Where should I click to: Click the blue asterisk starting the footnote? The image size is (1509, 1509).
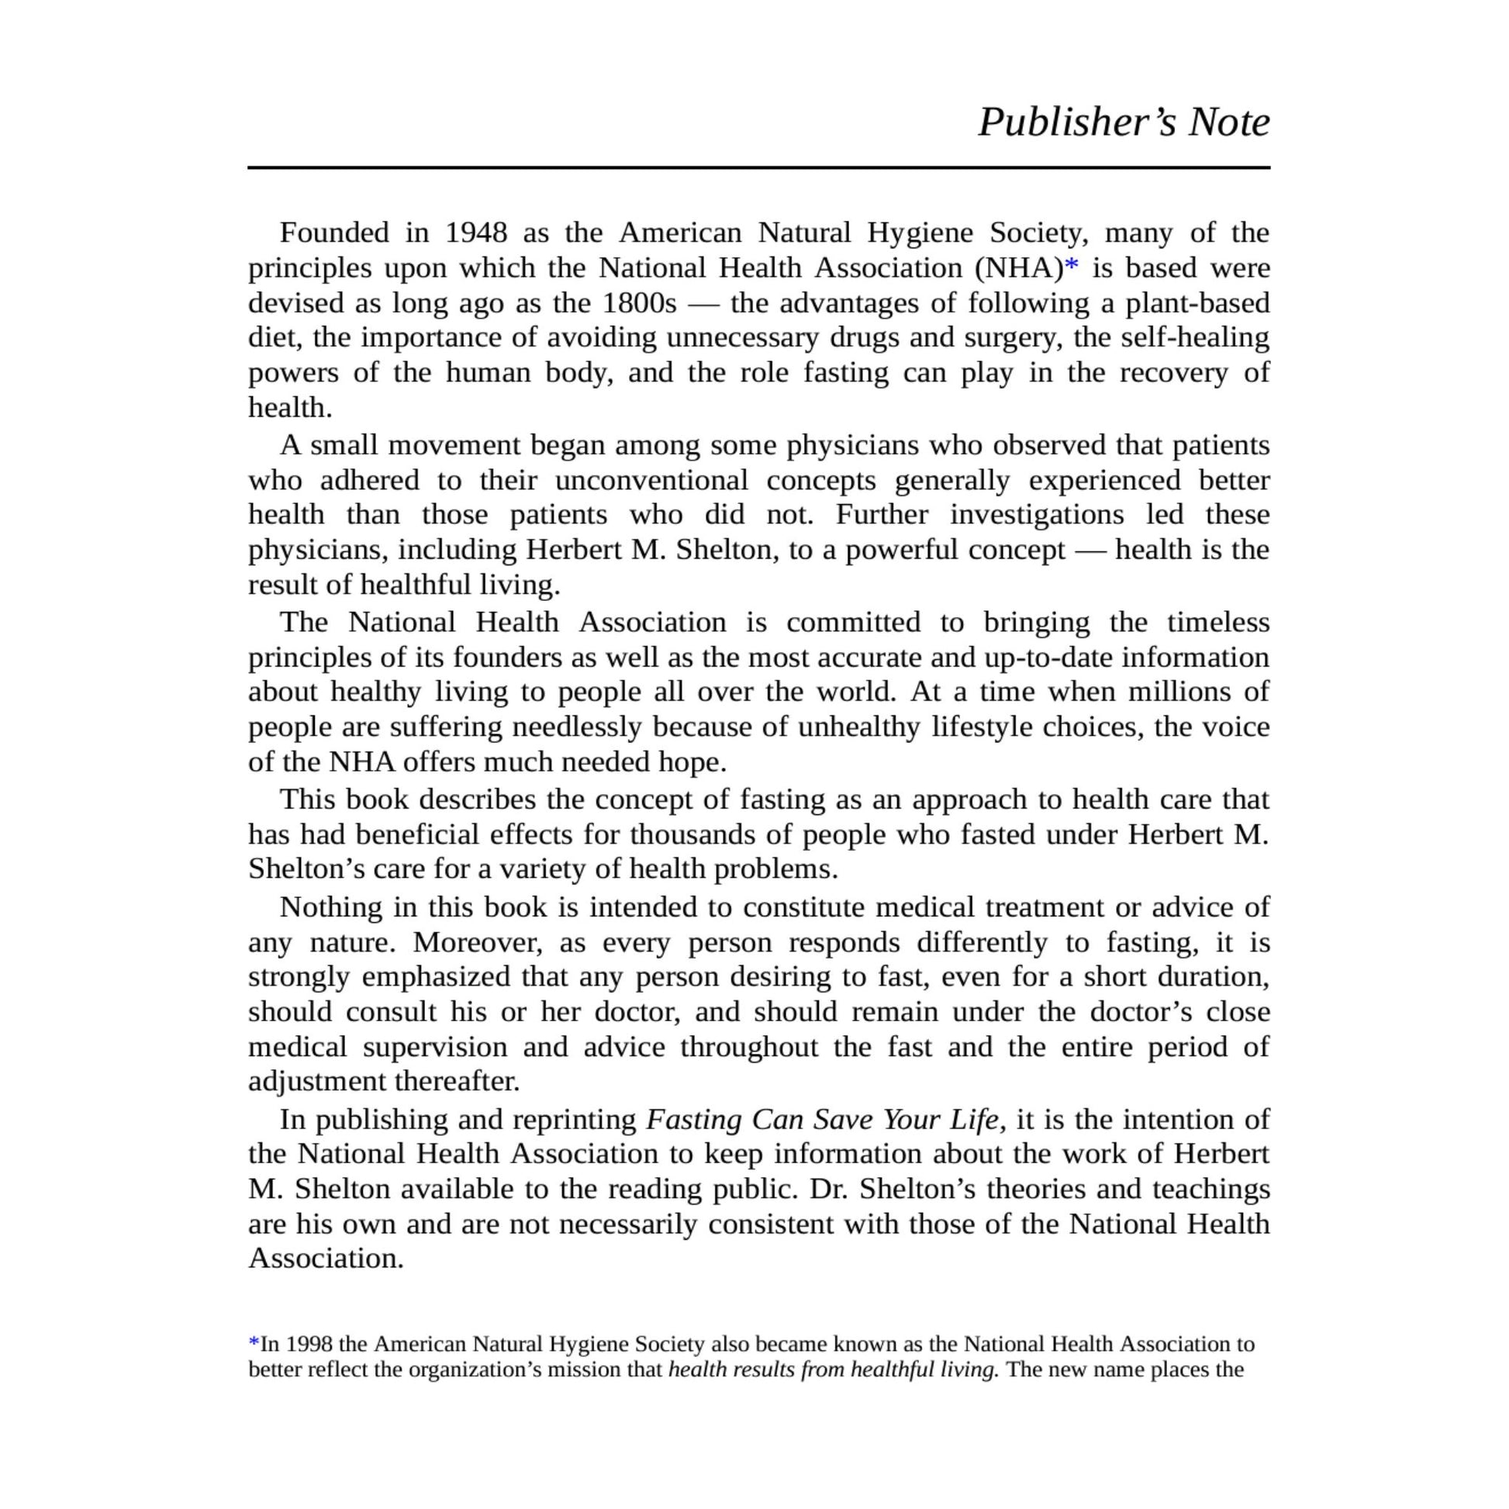pos(254,1343)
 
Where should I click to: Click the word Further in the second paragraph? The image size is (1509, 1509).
pos(881,515)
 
